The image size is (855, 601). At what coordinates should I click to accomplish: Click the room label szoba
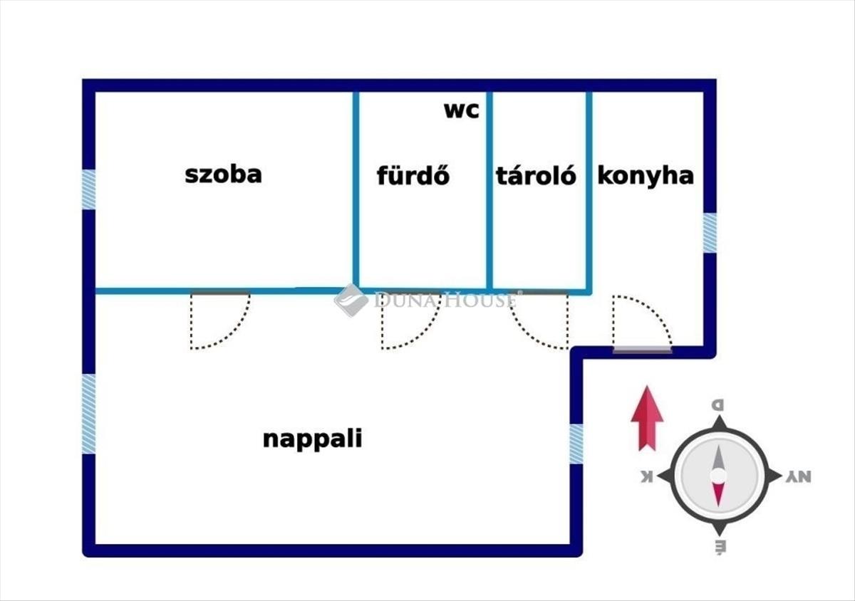[223, 174]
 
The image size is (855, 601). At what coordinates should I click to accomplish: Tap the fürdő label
[413, 175]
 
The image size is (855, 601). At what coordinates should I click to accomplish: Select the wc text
[462, 110]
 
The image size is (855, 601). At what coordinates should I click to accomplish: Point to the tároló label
[536, 175]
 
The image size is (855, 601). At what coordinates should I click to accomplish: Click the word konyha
[646, 175]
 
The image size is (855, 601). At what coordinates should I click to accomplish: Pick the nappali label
[312, 439]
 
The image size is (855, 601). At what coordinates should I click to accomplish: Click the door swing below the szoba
[218, 320]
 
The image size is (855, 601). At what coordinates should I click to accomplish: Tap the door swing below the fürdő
[408, 320]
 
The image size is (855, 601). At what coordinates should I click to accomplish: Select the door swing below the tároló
[541, 320]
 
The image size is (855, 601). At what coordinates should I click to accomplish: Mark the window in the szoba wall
[88, 189]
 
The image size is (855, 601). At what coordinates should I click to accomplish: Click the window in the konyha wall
[710, 233]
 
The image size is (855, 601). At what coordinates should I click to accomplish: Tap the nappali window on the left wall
[88, 414]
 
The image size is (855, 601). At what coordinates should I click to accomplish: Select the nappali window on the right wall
[576, 444]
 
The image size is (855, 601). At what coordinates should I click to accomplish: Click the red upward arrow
[647, 418]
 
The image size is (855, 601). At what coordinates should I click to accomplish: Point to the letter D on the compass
[718, 405]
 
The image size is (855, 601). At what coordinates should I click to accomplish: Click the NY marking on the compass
[799, 477]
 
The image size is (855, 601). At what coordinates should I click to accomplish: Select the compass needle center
[718, 475]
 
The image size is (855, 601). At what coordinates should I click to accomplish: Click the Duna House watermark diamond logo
[351, 300]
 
